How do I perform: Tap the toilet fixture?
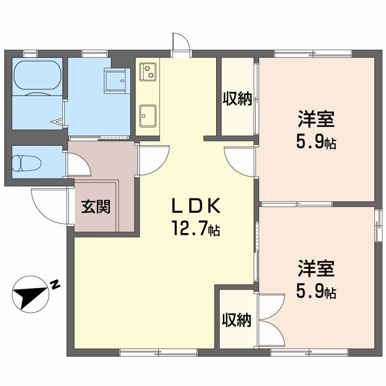[x=27, y=163]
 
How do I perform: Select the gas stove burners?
[x=148, y=71]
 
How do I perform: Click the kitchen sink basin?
[x=148, y=116]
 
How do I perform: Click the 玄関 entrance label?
[x=96, y=207]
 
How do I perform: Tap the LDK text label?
[x=196, y=206]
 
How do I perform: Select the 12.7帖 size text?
[x=196, y=228]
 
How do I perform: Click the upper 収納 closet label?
[x=237, y=98]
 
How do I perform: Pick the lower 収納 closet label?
[x=236, y=320]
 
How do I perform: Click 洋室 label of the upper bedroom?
[x=317, y=119]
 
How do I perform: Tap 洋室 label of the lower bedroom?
[x=317, y=268]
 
